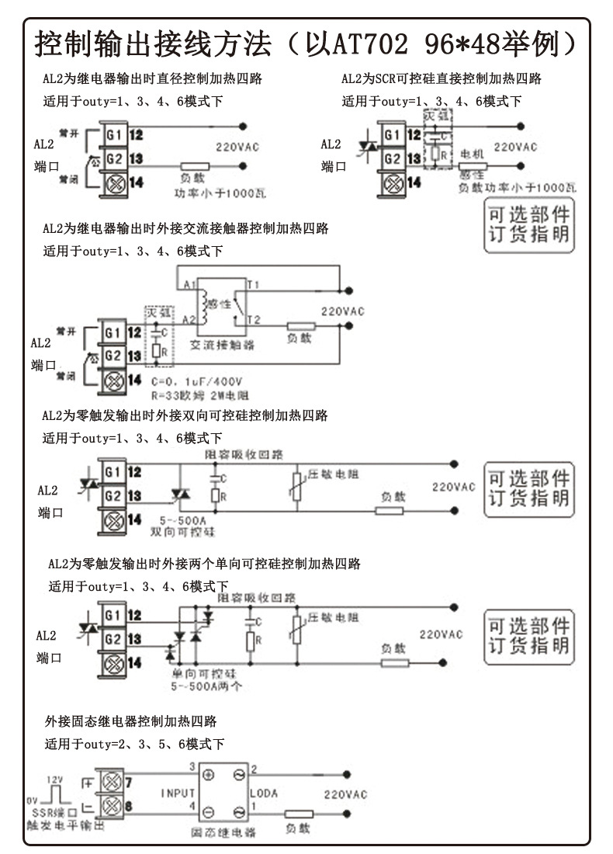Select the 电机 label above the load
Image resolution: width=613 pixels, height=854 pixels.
pyautogui.click(x=473, y=154)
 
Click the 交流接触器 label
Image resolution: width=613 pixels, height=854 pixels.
pyautogui.click(x=223, y=344)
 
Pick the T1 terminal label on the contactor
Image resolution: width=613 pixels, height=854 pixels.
pyautogui.click(x=253, y=285)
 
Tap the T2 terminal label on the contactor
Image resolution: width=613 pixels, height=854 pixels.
pyautogui.click(x=253, y=319)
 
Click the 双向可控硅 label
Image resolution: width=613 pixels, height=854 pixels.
pyautogui.click(x=183, y=532)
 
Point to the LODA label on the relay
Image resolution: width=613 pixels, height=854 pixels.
pyautogui.click(x=264, y=793)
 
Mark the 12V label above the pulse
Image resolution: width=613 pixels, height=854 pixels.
pyautogui.click(x=54, y=779)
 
